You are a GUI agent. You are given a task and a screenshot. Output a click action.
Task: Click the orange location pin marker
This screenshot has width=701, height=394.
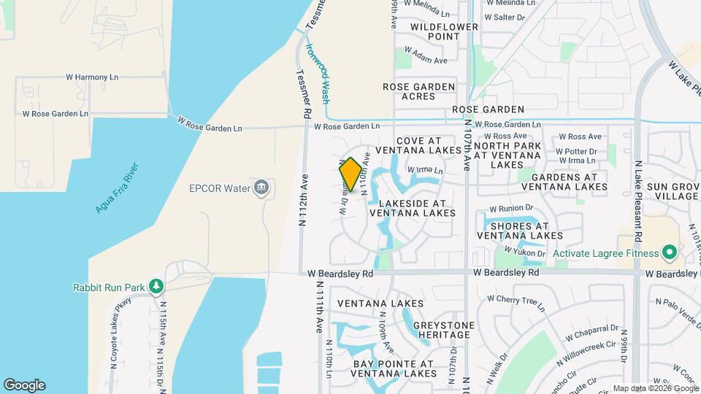(350, 174)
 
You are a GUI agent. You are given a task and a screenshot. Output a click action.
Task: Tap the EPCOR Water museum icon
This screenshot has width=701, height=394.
(261, 188)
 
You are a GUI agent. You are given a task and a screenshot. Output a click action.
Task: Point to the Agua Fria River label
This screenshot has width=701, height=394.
(117, 188)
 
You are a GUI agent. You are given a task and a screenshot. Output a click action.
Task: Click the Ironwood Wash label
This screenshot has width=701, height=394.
(318, 73)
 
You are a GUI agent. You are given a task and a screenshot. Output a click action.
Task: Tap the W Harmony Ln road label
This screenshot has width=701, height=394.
(92, 77)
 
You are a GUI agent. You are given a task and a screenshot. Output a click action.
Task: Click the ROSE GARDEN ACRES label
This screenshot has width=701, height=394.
(419, 91)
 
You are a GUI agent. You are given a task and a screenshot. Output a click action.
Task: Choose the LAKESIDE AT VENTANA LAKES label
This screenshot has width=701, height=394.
(412, 208)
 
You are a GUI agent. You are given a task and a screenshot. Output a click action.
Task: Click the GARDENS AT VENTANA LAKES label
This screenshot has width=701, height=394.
(570, 182)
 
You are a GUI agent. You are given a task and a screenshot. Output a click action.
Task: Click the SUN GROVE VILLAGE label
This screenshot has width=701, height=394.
(676, 192)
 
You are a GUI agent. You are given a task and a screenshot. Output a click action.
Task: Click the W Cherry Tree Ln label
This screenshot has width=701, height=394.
(516, 299)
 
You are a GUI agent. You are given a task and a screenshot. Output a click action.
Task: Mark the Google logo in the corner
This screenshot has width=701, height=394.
(24, 385)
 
